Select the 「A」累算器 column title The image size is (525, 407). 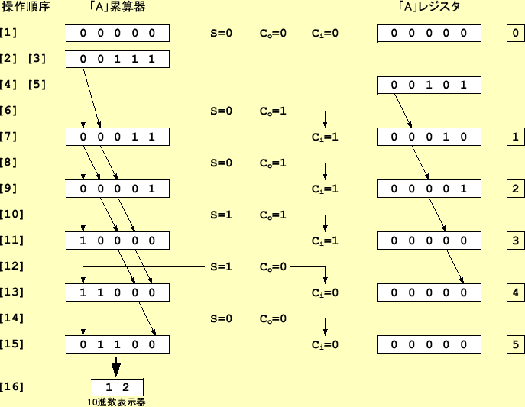tap(117, 7)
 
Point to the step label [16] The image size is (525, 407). tap(11, 386)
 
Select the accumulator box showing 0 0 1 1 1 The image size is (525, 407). tap(117, 59)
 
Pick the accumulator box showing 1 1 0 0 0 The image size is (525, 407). tap(117, 292)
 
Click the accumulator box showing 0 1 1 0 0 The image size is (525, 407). tap(117, 344)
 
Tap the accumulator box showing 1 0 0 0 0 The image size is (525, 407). tap(117, 241)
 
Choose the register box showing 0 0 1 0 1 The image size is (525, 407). tap(429, 85)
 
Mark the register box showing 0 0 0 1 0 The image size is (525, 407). tap(429, 137)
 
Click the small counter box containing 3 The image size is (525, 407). tap(516, 241)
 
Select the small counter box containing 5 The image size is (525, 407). tap(516, 344)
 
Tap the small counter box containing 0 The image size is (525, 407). tap(516, 33)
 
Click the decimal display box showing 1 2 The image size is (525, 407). tap(117, 386)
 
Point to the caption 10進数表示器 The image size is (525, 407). tap(117, 402)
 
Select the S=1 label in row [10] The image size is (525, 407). tap(221, 215)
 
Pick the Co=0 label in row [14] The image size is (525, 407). tap(273, 318)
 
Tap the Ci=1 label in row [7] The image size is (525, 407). tap(325, 137)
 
